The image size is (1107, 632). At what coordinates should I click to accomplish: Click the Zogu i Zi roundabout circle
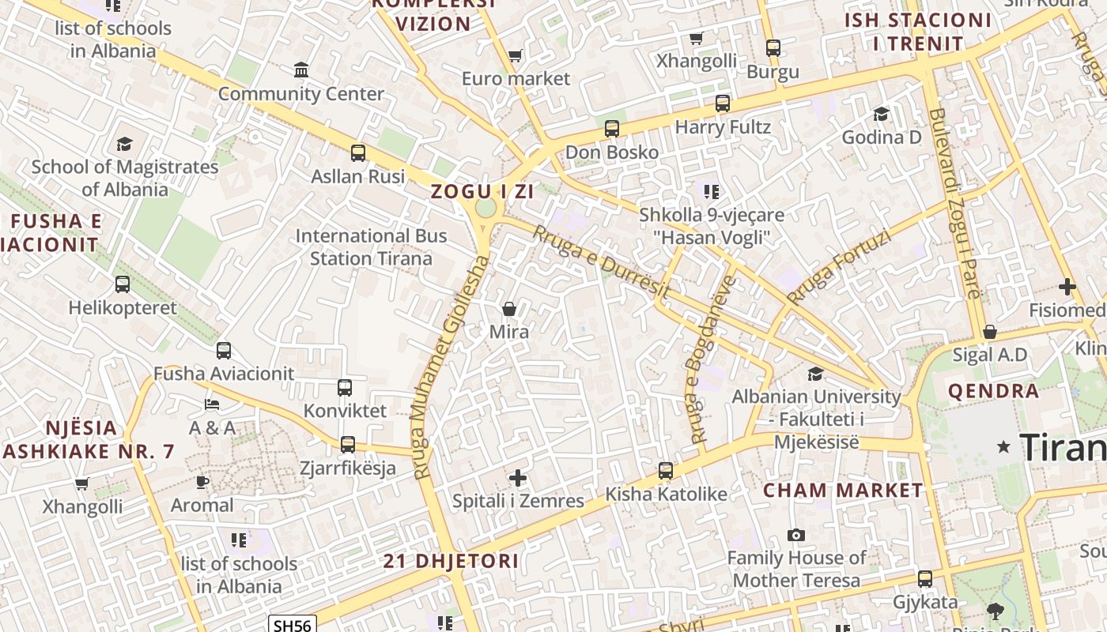click(485, 208)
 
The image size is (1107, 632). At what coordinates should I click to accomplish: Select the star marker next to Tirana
click(1004, 447)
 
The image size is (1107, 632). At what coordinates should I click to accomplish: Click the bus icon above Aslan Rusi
click(358, 152)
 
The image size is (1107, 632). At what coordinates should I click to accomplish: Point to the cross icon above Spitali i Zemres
click(518, 478)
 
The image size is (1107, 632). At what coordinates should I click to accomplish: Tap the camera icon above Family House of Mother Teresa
click(796, 536)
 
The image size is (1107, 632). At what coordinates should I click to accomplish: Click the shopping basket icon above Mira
click(509, 309)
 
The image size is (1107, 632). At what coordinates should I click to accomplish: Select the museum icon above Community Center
click(301, 71)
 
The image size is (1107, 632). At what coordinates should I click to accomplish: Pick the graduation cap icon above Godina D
click(881, 115)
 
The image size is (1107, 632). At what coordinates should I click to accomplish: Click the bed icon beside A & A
click(212, 404)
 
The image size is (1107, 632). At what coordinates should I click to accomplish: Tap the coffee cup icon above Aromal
click(202, 482)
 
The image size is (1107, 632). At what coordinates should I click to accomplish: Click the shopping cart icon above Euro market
click(516, 56)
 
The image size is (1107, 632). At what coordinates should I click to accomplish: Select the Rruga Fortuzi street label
click(839, 267)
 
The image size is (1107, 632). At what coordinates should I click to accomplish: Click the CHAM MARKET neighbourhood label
click(843, 491)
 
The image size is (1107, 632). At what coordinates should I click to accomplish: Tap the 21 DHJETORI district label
click(451, 562)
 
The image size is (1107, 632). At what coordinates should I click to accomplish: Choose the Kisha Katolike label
click(666, 495)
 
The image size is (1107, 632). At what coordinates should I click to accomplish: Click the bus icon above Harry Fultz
click(723, 103)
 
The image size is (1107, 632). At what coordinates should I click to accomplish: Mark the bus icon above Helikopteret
click(123, 284)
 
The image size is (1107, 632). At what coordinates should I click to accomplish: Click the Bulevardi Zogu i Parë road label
click(954, 204)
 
